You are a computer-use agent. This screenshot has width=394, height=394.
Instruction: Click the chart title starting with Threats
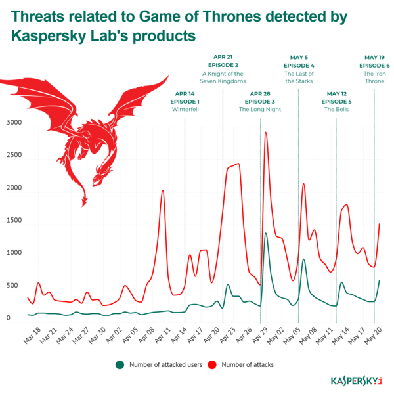[177, 24]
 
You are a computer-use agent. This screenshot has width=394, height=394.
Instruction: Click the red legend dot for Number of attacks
[212, 364]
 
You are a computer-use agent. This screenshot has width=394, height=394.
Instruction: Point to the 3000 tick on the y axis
[14, 123]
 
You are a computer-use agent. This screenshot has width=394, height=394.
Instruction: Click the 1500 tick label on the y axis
[14, 221]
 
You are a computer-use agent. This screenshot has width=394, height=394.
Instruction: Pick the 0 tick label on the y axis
[9, 318]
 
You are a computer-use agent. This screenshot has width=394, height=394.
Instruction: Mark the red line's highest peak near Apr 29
[266, 132]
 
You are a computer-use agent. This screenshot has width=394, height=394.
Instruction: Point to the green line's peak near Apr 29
[266, 233]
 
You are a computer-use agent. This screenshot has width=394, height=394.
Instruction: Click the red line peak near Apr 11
[163, 190]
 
